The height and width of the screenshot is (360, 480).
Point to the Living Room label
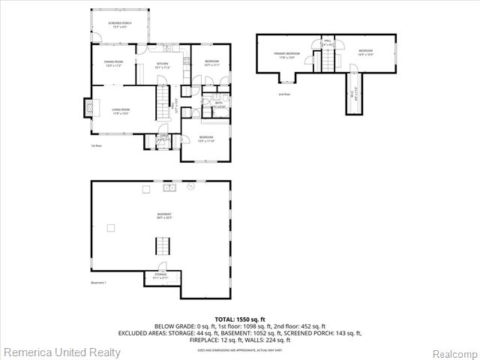[x=121, y=112]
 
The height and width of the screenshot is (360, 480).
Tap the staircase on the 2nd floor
[x=327, y=62]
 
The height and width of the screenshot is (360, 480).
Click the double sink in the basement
[x=171, y=187]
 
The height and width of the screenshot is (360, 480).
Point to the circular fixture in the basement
[x=191, y=185]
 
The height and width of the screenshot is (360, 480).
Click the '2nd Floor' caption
[x=284, y=94]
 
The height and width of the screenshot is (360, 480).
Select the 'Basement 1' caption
[x=98, y=283]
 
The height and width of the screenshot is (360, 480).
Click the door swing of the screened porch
[x=96, y=37]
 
